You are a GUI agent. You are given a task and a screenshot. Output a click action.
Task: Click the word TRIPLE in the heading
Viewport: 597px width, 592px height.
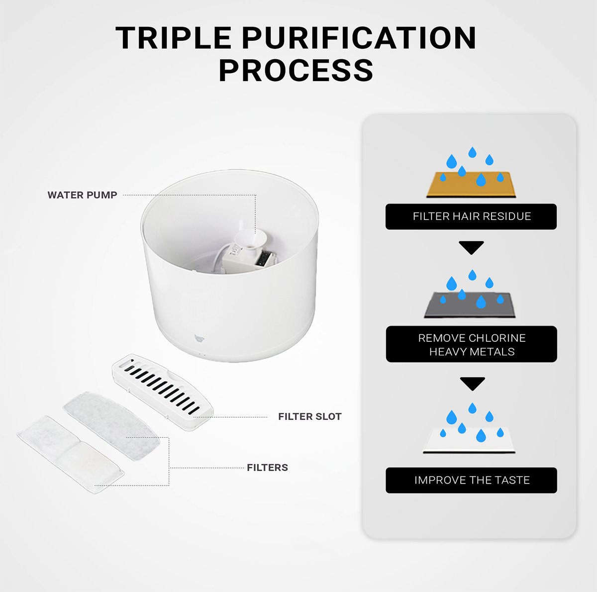tap(173, 38)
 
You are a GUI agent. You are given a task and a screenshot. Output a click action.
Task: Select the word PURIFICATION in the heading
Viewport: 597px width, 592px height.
tap(359, 38)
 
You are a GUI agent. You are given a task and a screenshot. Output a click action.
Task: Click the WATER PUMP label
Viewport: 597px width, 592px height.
tap(82, 195)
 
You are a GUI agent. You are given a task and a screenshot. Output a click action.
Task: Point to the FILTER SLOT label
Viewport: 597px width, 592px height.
tap(310, 416)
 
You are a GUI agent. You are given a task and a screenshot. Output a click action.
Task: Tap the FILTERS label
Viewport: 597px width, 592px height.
tap(267, 468)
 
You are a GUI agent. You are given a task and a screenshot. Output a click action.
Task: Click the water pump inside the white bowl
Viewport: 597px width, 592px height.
tap(248, 252)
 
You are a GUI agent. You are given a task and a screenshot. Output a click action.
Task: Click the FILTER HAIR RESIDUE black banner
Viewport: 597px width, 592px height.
tap(471, 216)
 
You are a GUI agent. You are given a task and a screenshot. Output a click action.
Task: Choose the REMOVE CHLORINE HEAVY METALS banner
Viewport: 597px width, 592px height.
tap(471, 344)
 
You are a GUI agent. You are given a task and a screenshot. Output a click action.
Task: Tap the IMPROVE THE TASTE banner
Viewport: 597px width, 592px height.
tap(471, 481)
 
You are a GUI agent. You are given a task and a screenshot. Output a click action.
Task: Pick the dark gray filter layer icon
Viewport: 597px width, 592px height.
tap(470, 305)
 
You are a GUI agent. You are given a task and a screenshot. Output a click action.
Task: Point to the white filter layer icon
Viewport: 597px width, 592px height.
tap(469, 440)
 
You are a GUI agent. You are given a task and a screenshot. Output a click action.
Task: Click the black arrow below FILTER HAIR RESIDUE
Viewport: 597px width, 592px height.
tap(471, 248)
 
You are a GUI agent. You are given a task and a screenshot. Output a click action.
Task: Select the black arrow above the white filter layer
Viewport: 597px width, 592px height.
tap(472, 384)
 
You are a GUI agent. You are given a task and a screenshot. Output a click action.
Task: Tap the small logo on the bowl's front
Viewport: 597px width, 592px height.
tap(199, 338)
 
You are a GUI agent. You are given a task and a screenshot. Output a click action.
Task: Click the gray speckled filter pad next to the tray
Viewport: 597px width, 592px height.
tap(111, 426)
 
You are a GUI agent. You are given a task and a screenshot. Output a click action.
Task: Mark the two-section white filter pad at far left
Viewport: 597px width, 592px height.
tap(71, 455)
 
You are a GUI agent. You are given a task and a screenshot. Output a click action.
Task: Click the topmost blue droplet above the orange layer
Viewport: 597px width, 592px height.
tap(472, 152)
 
